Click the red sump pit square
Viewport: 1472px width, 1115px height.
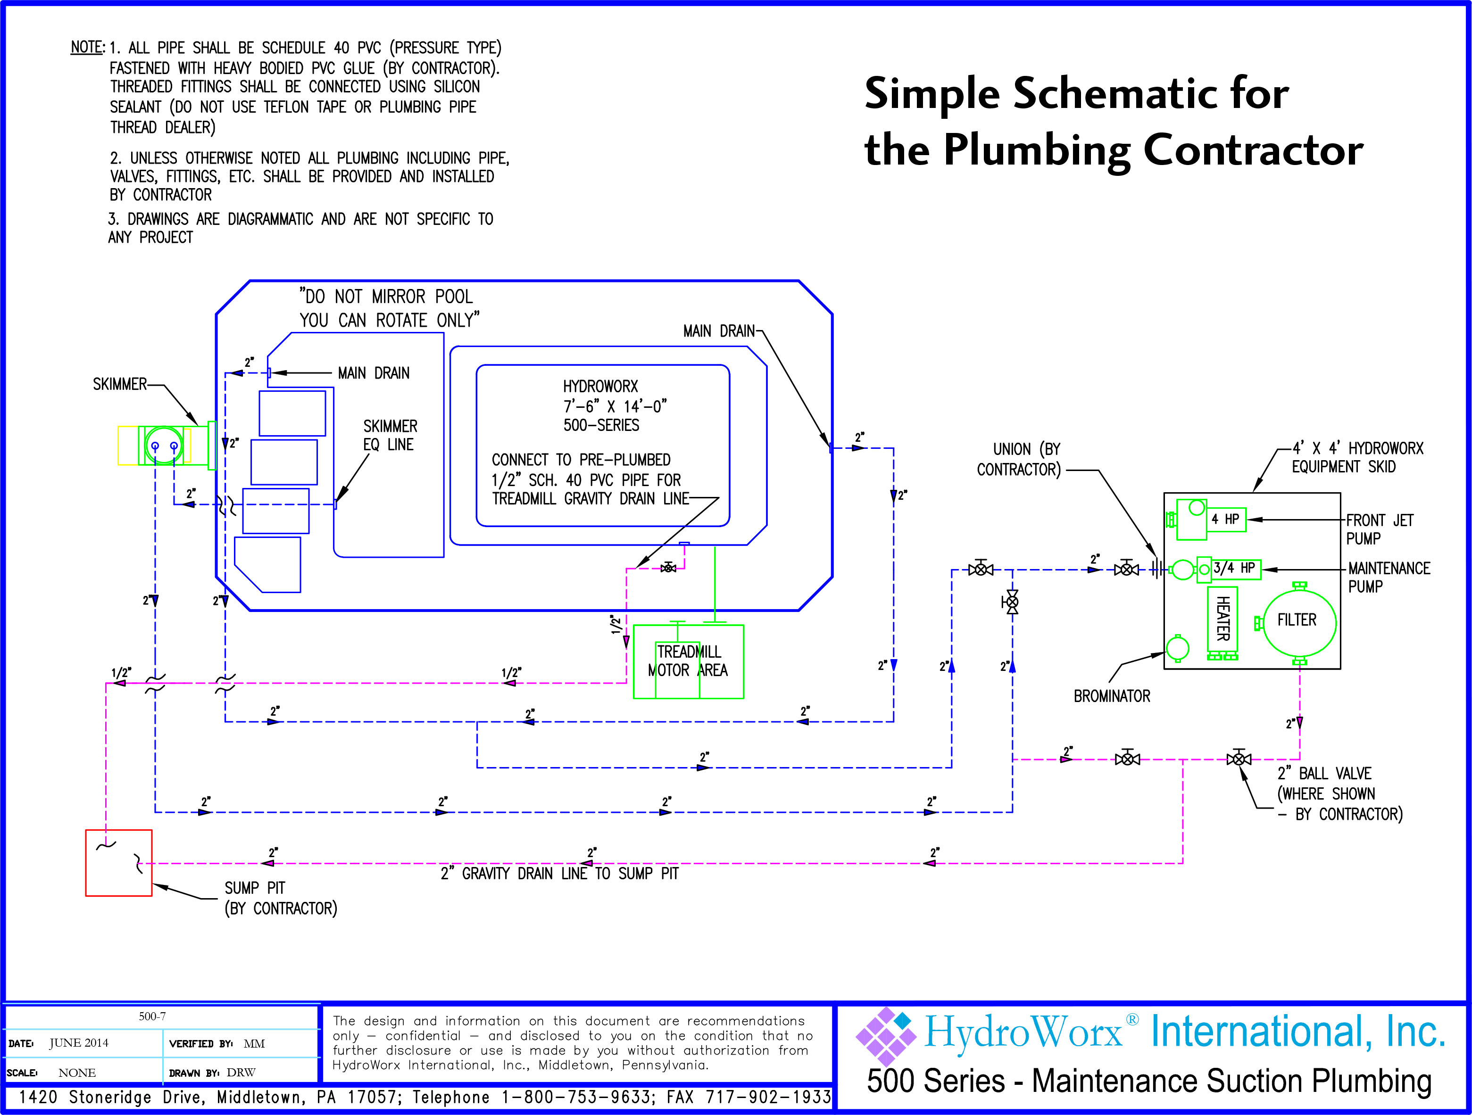point(118,862)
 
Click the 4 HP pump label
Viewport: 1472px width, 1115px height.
point(1225,519)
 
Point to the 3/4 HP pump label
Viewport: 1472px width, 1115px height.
point(1234,568)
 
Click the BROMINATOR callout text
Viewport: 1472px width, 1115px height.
point(1111,696)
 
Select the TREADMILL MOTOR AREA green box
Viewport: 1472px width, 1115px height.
point(688,661)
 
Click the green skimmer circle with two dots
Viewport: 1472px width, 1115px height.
point(164,445)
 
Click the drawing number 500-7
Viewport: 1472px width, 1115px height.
point(152,1016)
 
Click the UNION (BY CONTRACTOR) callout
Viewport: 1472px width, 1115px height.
point(1019,459)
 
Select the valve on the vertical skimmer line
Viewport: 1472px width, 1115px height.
point(1012,602)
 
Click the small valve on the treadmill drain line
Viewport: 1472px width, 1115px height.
point(668,568)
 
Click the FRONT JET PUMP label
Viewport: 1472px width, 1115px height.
point(1379,529)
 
